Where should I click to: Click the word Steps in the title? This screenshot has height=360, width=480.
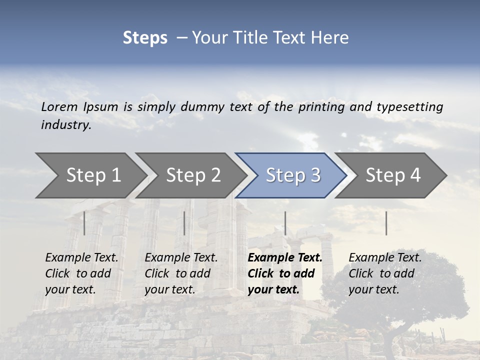click(145, 37)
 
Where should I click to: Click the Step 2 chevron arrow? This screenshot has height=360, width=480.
click(193, 175)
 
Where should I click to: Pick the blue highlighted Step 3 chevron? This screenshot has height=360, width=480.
click(293, 175)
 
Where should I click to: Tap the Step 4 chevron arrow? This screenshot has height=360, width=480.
click(393, 175)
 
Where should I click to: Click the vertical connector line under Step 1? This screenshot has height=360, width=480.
click(84, 223)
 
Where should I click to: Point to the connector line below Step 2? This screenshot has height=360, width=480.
click(184, 223)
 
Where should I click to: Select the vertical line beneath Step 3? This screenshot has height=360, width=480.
click(285, 223)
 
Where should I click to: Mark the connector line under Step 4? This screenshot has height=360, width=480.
click(386, 223)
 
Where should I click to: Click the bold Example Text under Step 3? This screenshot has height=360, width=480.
click(285, 258)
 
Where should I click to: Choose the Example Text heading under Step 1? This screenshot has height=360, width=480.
click(81, 258)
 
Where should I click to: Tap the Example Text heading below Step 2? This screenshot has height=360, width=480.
click(181, 258)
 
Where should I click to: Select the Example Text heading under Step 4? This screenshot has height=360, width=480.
click(385, 258)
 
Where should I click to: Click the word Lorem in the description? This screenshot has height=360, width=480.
click(59, 107)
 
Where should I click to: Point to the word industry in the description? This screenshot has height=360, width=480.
click(66, 125)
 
